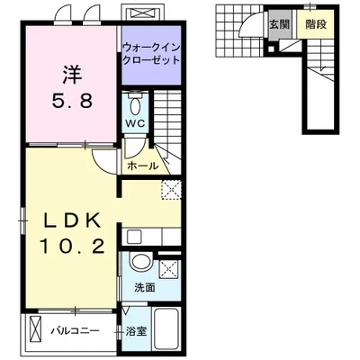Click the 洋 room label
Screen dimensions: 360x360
(72, 75)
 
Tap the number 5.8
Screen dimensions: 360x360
(72, 101)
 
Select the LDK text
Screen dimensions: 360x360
(72, 221)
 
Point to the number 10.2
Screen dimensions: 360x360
(72, 247)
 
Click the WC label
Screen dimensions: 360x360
(135, 123)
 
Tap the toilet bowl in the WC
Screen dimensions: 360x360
(135, 104)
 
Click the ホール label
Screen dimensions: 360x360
(143, 166)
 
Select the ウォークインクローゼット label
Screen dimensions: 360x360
(151, 53)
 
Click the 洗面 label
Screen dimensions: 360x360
(145, 287)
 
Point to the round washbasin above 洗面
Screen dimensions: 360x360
(141, 262)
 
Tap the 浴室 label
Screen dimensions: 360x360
(136, 331)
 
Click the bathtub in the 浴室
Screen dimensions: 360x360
(166, 329)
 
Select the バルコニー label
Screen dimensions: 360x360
(75, 331)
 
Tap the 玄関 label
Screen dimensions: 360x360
(279, 24)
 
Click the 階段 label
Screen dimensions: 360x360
(316, 24)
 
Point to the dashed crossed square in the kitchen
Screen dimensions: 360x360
(171, 190)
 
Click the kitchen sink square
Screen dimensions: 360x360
(134, 237)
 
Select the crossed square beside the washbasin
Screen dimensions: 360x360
(168, 268)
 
